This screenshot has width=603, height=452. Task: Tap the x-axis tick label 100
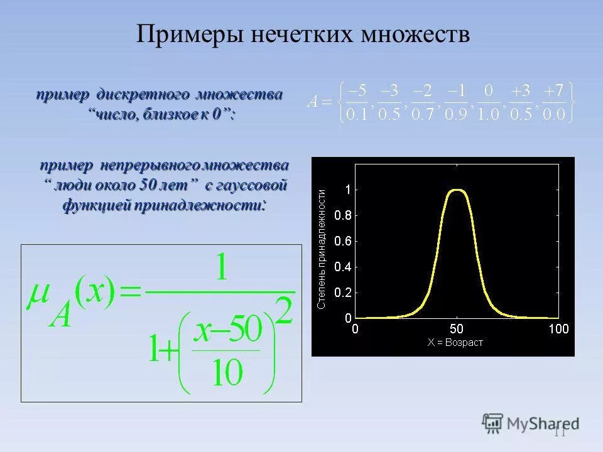click(558, 329)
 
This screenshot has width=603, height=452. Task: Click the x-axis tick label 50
click(457, 329)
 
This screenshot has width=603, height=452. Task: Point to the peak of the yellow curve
click(457, 190)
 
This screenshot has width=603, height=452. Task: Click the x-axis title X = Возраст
click(455, 343)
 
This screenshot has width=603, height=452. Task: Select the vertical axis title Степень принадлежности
click(322, 249)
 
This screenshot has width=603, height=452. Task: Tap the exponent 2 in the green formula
click(285, 311)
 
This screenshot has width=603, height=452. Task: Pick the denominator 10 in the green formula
click(226, 373)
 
